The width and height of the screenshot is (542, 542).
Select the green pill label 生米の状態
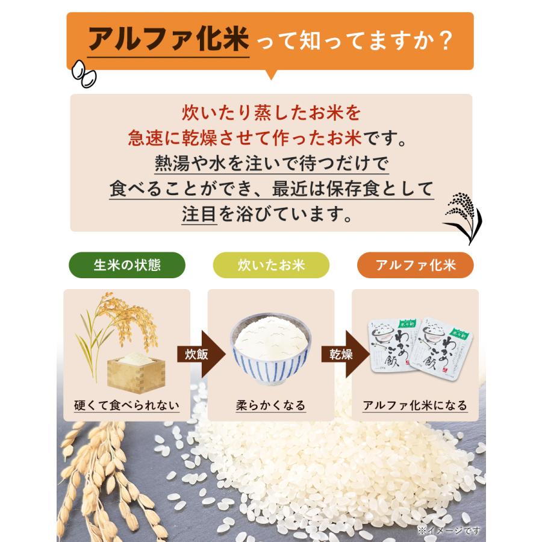pos(126,265)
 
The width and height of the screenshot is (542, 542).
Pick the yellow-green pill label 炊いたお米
pos(271,265)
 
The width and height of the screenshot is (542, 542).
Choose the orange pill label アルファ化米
pos(415,265)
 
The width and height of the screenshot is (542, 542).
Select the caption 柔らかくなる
pos(270,405)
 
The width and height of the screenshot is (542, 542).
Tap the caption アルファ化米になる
pos(415,405)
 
